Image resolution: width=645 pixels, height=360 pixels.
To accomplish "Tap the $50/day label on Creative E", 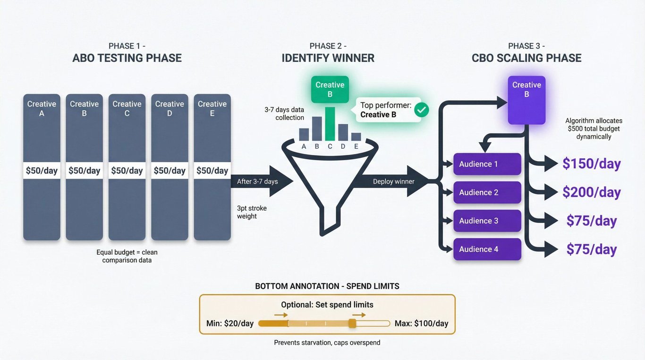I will [212, 171].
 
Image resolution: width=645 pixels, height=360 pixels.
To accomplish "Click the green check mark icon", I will [421, 110].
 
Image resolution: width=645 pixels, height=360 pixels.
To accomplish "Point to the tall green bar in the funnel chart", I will [330, 124].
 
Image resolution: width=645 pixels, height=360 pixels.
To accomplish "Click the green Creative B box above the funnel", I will [330, 89].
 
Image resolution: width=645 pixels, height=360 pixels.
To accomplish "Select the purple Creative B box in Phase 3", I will [526, 100].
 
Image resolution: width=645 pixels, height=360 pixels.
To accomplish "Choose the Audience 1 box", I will [487, 164].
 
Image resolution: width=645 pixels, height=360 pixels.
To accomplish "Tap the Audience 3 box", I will [487, 221].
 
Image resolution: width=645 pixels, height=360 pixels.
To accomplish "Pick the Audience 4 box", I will [487, 249].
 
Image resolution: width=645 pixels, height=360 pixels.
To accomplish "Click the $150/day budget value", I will [591, 164].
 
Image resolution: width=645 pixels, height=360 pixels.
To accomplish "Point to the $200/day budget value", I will [591, 192].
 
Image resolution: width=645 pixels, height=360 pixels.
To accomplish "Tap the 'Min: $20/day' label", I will [230, 324].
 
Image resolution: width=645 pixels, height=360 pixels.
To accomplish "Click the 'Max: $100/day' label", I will [421, 324].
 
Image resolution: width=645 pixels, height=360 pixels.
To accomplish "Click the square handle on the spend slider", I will [352, 324].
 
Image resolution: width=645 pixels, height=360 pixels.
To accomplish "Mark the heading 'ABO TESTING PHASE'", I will [127, 58].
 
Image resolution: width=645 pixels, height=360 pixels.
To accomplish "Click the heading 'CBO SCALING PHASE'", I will [526, 58].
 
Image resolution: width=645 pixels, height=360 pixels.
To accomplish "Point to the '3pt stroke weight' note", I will [247, 212].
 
